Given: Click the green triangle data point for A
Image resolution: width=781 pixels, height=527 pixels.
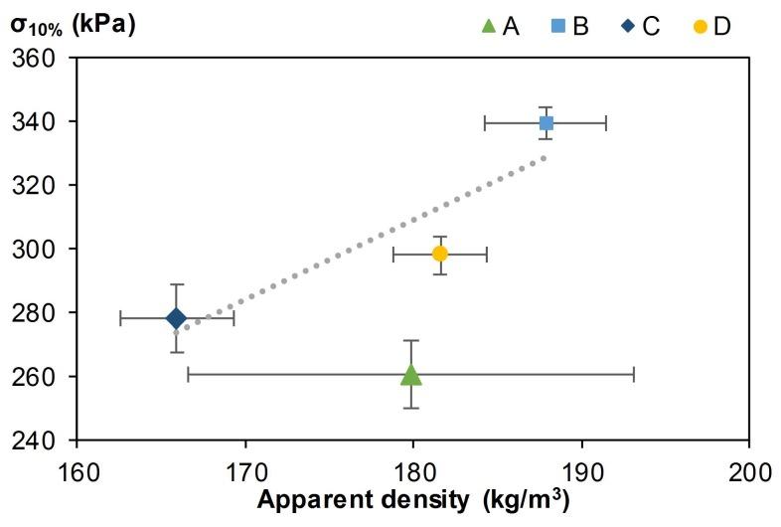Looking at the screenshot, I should click(410, 374).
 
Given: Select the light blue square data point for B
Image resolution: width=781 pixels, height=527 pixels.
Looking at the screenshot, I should click(546, 123).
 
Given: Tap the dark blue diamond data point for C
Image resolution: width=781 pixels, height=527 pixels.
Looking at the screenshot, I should click(176, 318).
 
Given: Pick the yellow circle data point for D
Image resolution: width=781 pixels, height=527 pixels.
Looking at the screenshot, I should click(439, 254).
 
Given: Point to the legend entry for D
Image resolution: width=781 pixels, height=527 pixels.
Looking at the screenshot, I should click(709, 26).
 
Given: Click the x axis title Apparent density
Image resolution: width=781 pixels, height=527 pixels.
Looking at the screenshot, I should click(414, 500).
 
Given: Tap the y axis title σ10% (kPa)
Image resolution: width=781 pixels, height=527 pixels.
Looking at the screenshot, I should click(72, 23).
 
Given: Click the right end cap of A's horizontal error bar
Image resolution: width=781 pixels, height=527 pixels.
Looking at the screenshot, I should click(634, 374).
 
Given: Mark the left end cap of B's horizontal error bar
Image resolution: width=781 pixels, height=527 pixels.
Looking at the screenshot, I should click(484, 123).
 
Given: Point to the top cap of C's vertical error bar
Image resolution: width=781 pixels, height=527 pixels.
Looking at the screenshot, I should click(176, 284).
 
